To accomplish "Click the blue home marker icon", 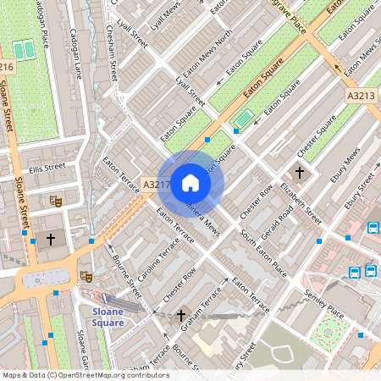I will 190,183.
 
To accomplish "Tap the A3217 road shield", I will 156,184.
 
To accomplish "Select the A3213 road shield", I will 360,97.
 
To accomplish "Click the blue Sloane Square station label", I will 108,317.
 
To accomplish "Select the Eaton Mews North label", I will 207,51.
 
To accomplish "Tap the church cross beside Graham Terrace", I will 181,317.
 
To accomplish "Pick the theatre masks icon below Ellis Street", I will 56,201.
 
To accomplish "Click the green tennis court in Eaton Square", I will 244,119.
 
